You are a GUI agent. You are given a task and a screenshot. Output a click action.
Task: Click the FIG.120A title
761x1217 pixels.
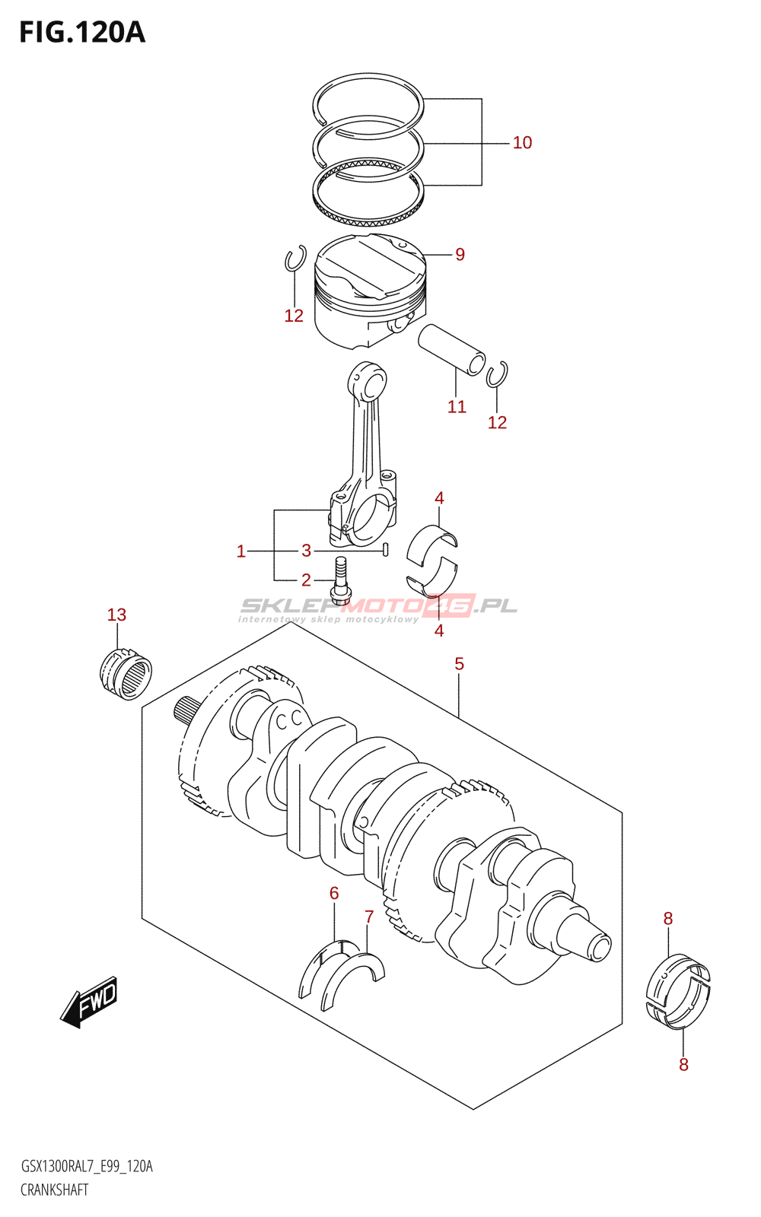[x=82, y=33]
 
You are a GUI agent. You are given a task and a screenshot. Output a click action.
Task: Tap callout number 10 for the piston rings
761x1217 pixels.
[x=522, y=143]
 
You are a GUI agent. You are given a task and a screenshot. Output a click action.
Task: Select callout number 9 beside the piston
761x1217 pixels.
[x=460, y=254]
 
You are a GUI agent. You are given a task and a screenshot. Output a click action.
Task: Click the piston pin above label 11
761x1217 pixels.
[x=451, y=349]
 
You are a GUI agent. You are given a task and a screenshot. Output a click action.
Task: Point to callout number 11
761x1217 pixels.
[x=457, y=406]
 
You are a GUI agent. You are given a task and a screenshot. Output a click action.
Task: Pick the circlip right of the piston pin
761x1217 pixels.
[x=497, y=374]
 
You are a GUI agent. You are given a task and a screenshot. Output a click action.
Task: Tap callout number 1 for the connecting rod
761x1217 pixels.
[x=241, y=551]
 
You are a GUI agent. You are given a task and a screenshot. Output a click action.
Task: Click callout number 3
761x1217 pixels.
[x=306, y=551]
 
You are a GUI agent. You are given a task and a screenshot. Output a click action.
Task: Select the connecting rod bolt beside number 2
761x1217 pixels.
[x=340, y=581]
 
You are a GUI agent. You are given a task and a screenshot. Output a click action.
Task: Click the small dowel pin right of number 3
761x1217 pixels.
[x=385, y=551]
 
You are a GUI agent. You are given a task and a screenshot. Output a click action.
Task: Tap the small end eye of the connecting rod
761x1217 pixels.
[x=368, y=382]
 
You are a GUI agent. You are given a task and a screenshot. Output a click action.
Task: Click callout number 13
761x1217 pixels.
[x=116, y=615]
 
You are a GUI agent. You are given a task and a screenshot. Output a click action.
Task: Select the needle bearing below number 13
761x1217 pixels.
[x=126, y=674]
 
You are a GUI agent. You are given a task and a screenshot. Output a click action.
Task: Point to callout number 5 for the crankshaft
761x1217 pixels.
[x=460, y=664]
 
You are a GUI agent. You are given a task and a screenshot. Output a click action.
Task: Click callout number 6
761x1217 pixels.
[x=334, y=894]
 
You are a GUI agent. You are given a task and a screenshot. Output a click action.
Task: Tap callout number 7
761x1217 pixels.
[x=369, y=917]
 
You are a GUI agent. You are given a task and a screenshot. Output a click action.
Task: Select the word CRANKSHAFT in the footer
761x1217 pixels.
[x=54, y=1190]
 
